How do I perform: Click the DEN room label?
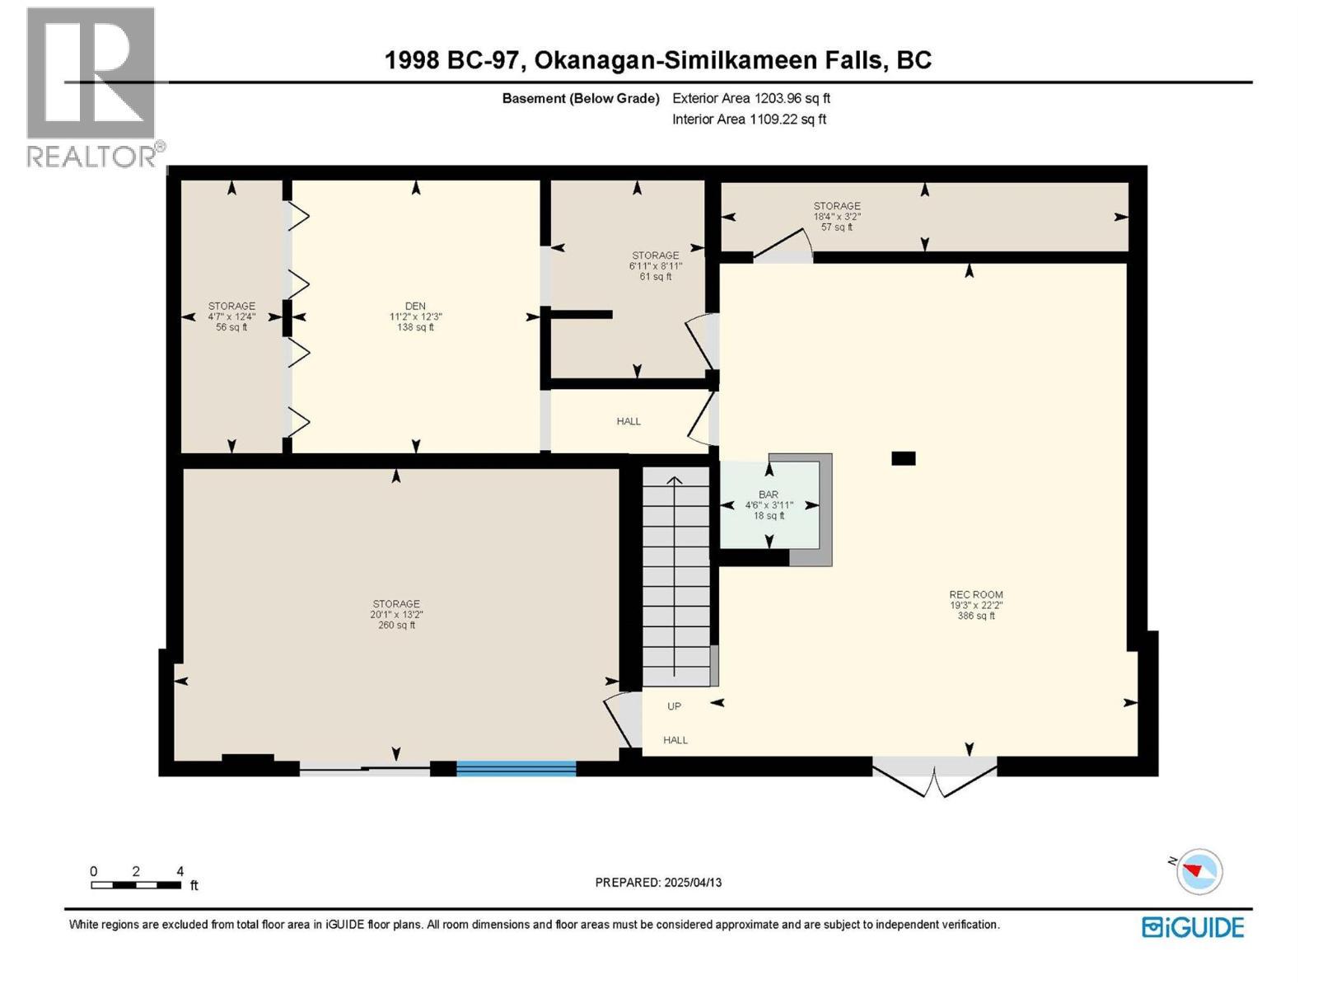415,306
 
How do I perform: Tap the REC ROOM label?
976,594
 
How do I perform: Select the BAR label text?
768,494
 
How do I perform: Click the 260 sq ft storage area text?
396,625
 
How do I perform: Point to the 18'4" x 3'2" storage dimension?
836,217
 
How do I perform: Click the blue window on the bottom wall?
516,768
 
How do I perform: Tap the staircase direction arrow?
675,576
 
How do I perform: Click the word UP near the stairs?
675,706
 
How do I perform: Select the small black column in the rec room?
903,458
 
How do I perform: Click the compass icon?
1199,871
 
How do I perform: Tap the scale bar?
136,885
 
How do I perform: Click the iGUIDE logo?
1193,927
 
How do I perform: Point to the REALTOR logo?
93,87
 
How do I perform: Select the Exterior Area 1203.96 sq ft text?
751,98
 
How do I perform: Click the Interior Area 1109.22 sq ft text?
749,119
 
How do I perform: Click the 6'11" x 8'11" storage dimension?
655,266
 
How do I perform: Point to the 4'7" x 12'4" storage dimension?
231,316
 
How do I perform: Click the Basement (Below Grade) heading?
581,98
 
